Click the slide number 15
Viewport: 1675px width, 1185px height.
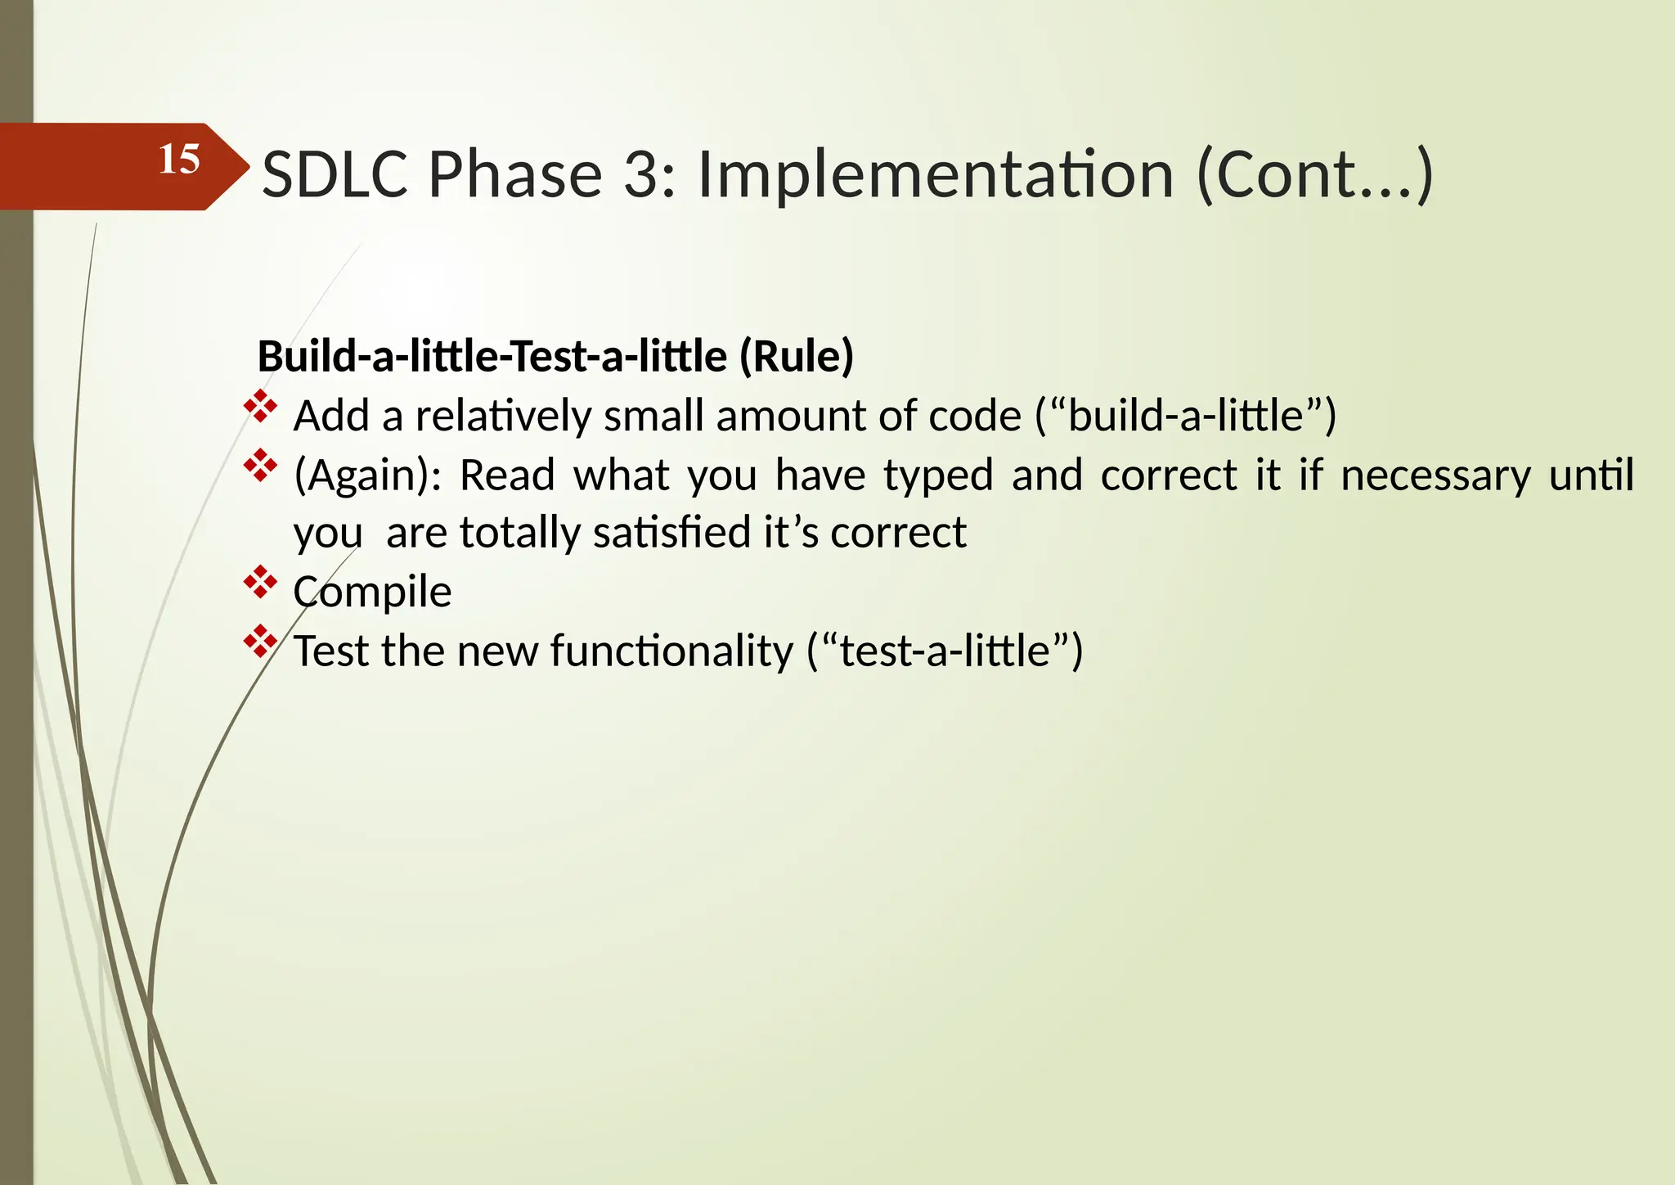(179, 159)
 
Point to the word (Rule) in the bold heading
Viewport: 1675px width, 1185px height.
(796, 356)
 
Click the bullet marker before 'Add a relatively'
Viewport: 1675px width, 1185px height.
(260, 407)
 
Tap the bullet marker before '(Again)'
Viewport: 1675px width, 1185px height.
(260, 466)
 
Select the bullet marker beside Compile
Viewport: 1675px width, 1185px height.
(260, 583)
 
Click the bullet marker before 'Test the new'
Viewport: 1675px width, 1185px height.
(260, 642)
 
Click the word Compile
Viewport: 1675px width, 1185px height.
(372, 592)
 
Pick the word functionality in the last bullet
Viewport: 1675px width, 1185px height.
(671, 651)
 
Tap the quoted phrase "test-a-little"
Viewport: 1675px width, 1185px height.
(945, 651)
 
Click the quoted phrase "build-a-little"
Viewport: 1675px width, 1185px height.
(1185, 416)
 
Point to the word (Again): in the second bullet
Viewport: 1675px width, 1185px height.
(367, 475)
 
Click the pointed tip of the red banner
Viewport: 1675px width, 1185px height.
(247, 167)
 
